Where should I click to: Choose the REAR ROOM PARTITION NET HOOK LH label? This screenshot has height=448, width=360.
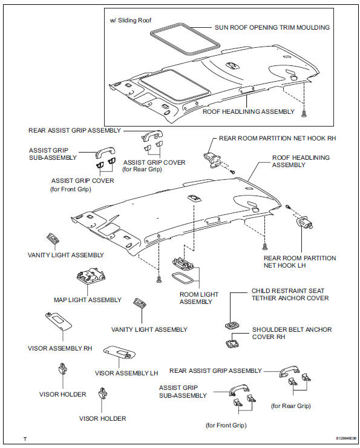(299, 262)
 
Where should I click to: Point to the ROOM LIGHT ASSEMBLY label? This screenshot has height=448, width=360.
(197, 297)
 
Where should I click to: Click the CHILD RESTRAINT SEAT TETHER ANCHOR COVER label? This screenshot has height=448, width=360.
(290, 294)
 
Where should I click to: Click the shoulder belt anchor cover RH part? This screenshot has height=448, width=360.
(232, 343)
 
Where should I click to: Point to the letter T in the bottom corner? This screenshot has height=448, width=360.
(25, 438)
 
